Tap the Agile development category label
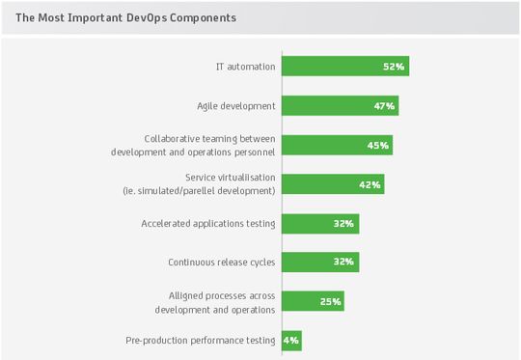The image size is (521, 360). point(236,105)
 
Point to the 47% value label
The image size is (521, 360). point(384,106)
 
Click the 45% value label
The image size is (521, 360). point(378,146)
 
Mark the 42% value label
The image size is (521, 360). point(370,184)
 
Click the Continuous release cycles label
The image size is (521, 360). point(222,262)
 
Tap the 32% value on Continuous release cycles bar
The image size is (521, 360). point(345,263)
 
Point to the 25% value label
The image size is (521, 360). point(330,302)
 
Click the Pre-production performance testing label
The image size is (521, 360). point(201,340)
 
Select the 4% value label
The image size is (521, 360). point(292,341)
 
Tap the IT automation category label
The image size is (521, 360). point(245,67)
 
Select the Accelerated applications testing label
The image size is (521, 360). point(208,223)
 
